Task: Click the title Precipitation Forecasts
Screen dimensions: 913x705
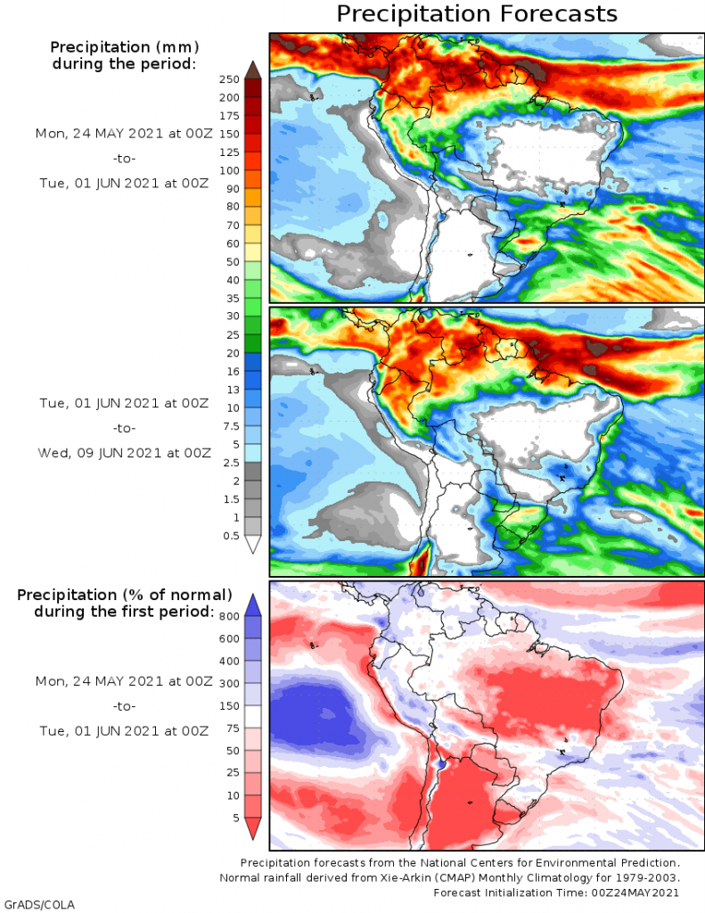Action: (476, 14)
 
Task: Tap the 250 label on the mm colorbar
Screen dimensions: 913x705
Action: (229, 79)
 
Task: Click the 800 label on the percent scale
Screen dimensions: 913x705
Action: (228, 616)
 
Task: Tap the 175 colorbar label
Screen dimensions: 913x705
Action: (229, 116)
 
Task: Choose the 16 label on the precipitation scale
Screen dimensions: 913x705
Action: (231, 372)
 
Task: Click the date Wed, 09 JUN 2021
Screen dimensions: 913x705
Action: (124, 453)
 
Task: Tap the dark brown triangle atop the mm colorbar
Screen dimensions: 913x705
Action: (253, 69)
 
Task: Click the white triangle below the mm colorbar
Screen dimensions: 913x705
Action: (253, 546)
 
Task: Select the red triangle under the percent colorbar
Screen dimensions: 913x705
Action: (253, 828)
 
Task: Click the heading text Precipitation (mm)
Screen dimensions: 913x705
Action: (124, 47)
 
